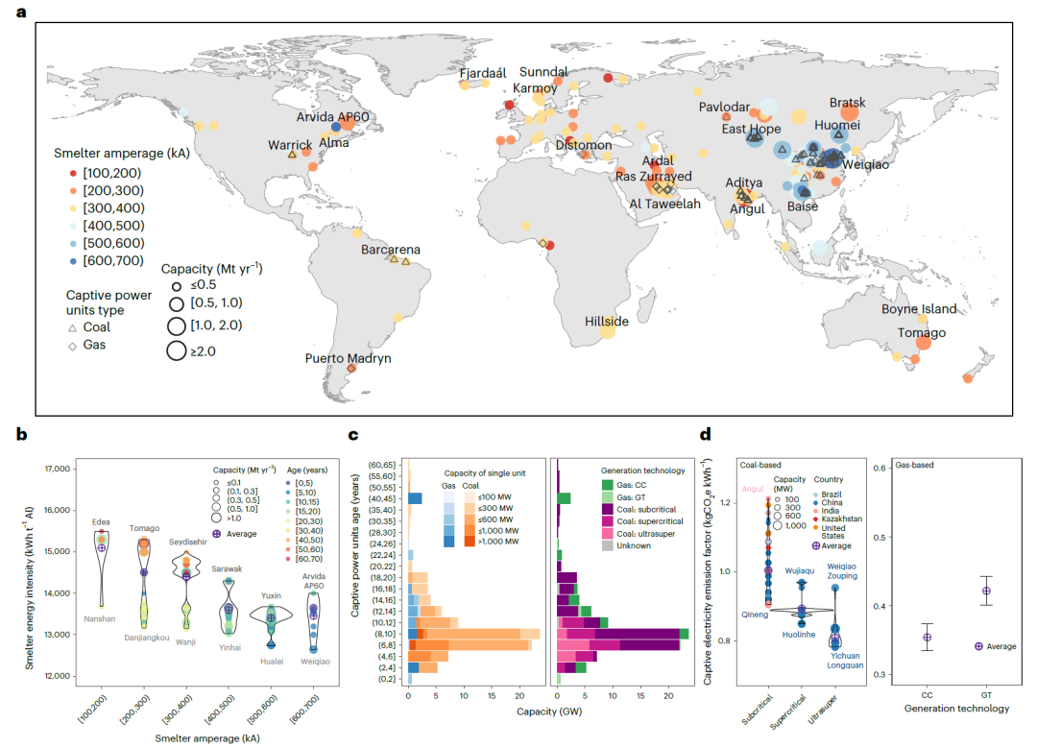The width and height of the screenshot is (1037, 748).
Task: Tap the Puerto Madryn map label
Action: (x=349, y=358)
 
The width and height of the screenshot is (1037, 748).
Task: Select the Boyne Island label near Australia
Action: (x=920, y=309)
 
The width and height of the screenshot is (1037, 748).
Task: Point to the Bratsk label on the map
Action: (x=847, y=103)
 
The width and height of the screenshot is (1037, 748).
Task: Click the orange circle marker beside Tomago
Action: (x=923, y=342)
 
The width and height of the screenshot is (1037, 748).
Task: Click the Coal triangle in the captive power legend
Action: (x=73, y=327)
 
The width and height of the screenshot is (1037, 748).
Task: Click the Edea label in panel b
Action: (x=101, y=521)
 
